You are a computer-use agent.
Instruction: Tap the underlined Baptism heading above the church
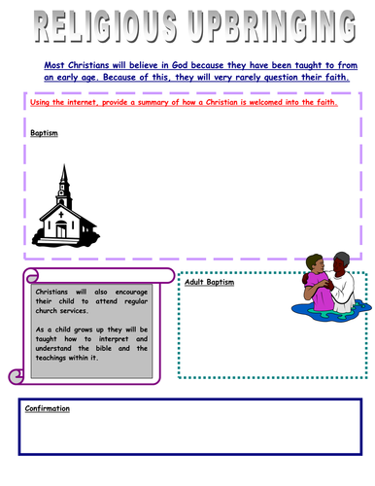tap(45, 133)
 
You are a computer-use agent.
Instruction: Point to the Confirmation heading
tap(50, 409)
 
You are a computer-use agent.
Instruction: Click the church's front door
tap(61, 231)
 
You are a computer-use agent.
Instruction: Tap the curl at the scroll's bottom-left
tap(14, 375)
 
